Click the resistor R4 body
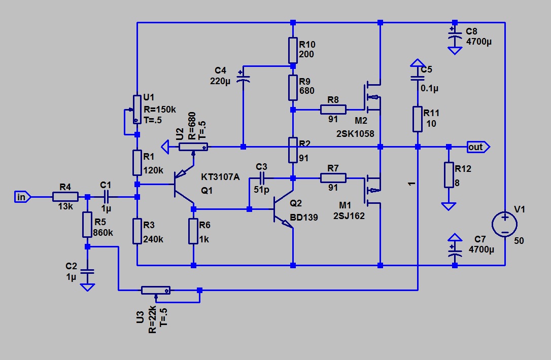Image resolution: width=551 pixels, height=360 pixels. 65,197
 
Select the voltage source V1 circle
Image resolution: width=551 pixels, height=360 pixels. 505,224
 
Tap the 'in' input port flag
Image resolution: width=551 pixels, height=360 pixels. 21,197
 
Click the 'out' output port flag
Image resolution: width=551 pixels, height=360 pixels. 477,147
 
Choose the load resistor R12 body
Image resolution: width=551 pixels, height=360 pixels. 449,175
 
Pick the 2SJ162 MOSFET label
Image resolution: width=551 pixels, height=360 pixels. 350,215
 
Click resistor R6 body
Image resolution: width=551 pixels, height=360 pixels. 193,231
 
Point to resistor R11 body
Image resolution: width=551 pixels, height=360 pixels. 418,119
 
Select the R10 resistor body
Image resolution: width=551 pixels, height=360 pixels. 293,50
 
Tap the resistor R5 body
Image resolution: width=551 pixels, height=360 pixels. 87,224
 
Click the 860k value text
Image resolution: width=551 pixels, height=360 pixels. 104,234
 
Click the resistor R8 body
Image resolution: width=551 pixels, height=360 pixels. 333,110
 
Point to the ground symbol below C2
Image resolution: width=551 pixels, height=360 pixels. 87,287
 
